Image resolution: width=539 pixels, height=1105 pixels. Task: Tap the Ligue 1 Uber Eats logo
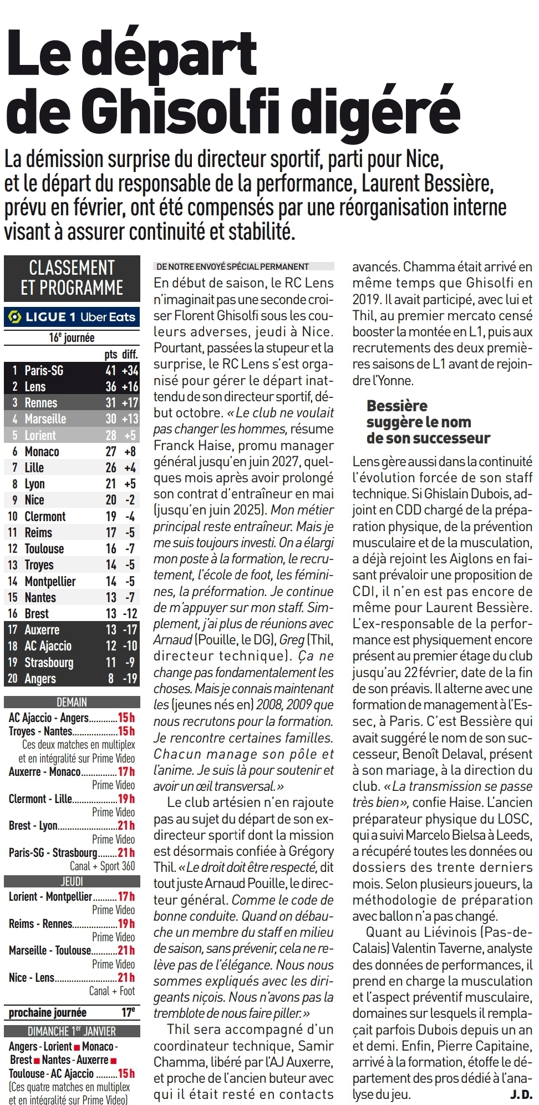72,317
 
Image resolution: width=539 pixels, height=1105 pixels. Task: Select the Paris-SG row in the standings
72,370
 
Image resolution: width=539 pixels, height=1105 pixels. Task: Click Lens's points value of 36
111,386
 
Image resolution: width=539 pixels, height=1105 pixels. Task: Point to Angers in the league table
40,678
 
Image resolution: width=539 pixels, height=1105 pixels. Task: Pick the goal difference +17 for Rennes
130,402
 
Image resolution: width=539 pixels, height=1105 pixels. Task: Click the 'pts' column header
111,354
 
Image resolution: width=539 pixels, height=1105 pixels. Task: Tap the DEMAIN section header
72,702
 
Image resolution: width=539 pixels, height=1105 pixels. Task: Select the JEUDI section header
72,881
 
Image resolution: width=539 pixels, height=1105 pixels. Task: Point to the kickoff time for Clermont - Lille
126,799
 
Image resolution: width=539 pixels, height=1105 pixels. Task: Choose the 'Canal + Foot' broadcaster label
112,991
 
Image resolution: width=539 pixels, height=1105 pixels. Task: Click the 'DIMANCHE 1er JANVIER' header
72,1031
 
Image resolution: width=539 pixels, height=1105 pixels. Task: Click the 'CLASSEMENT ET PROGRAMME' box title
72,277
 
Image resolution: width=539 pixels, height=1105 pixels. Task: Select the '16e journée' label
72,337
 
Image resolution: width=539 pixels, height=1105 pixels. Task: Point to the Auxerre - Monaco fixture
44,771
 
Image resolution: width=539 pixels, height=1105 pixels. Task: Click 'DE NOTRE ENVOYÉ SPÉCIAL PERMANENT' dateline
233,266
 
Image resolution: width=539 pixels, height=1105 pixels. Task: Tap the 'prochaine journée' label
48,1012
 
